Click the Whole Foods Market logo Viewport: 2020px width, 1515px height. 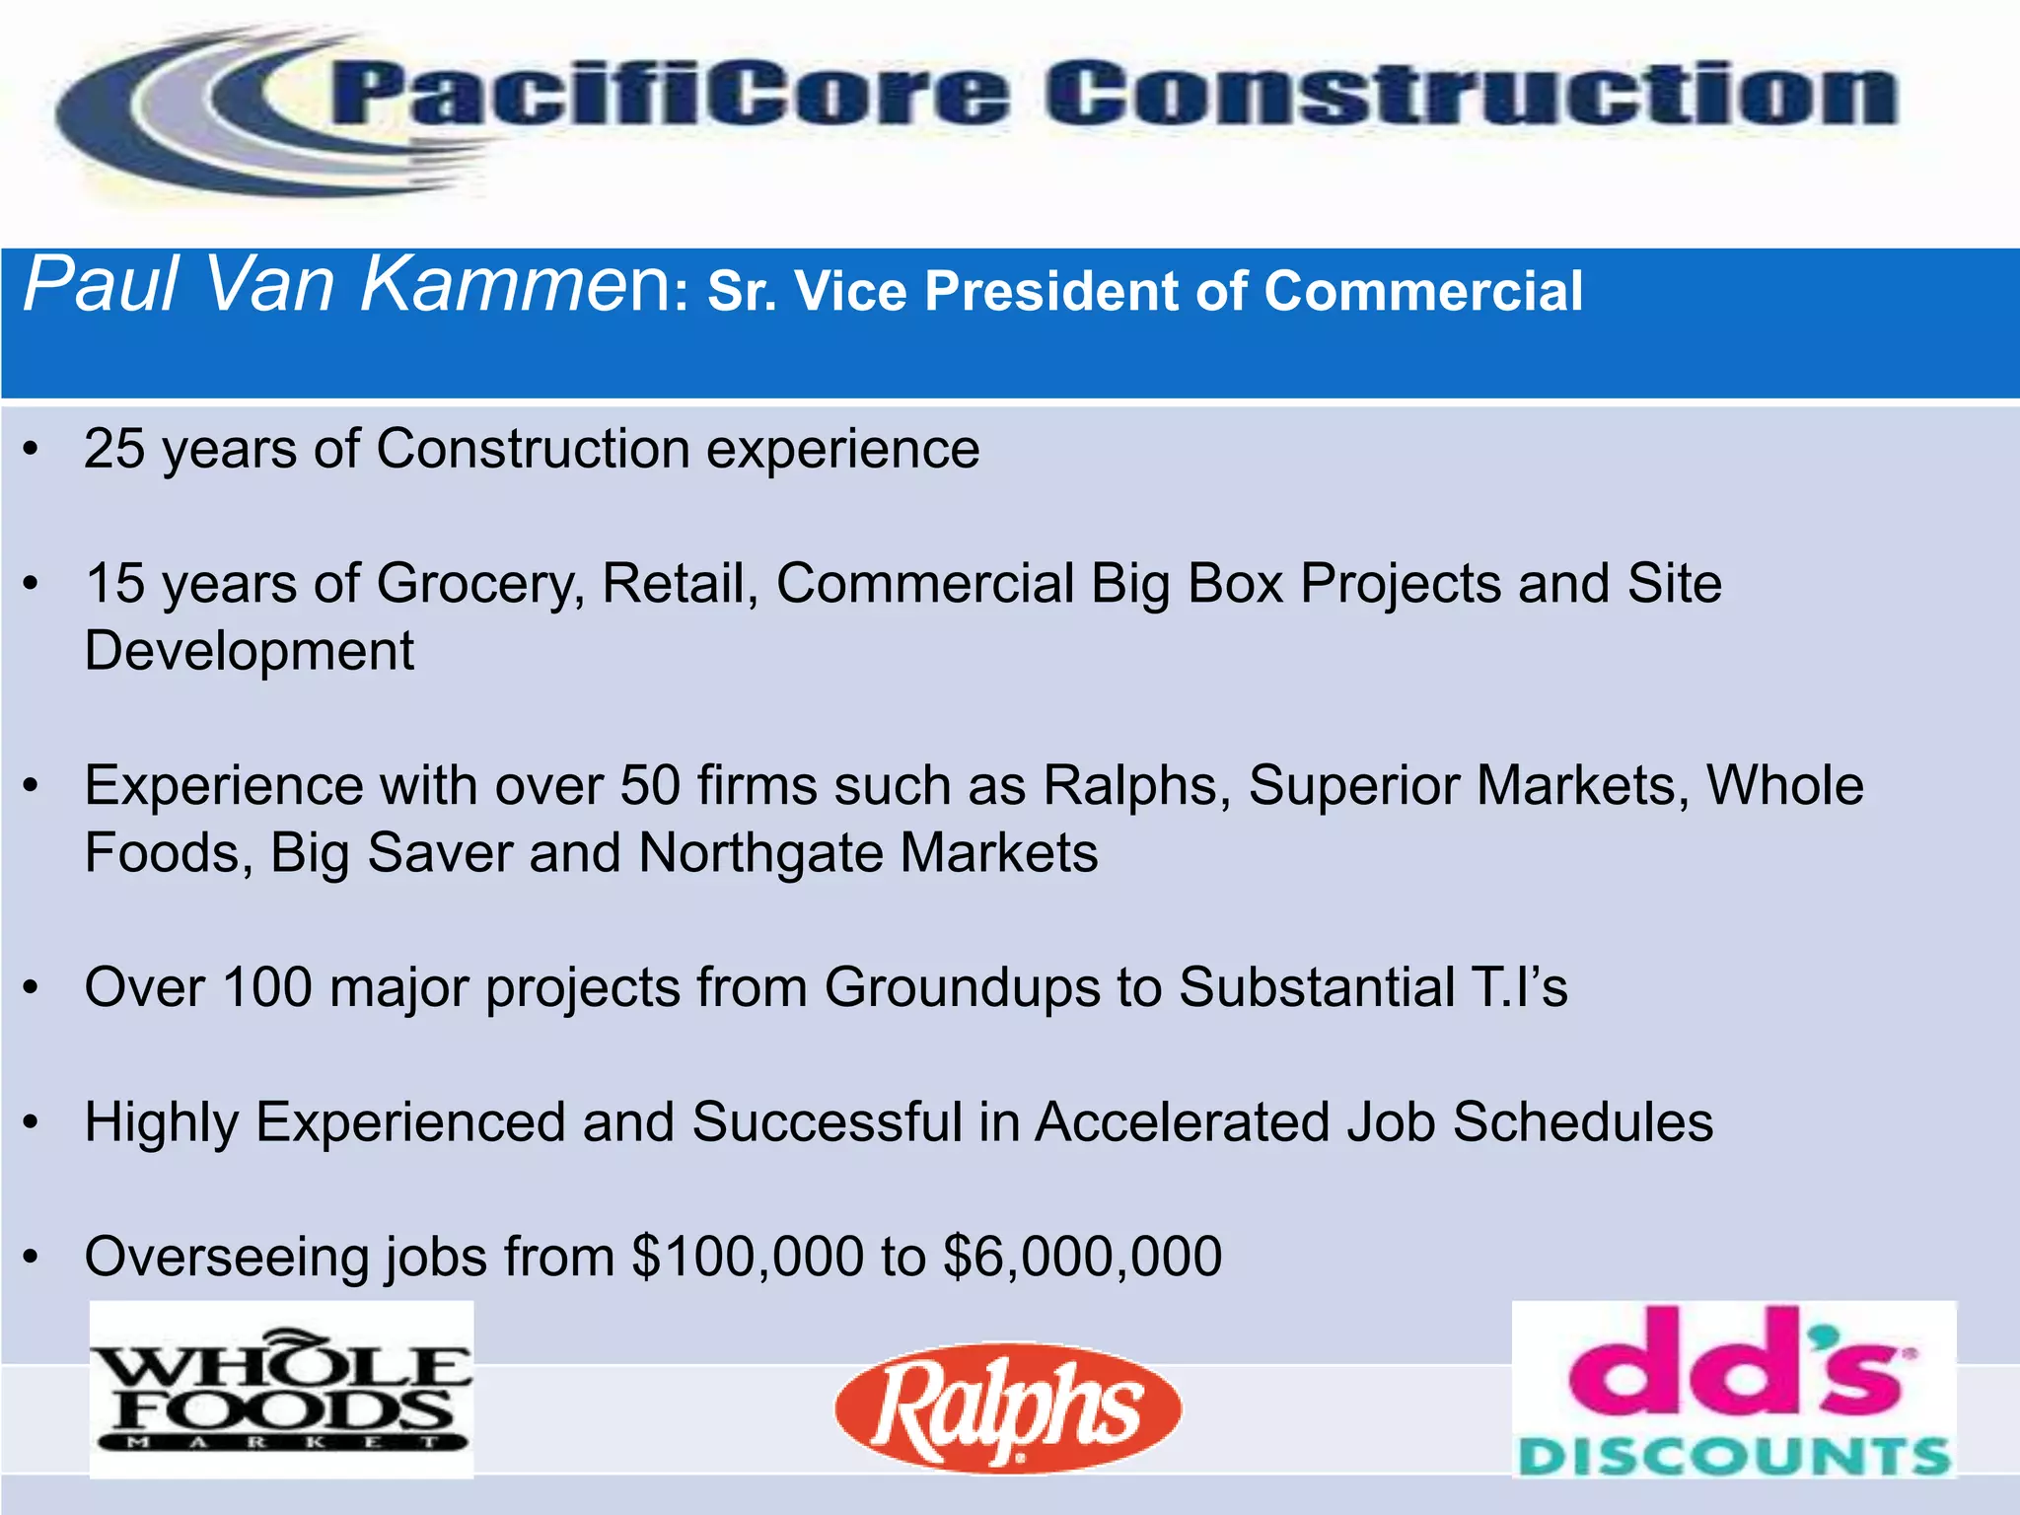click(281, 1389)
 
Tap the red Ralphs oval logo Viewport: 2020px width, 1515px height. click(1007, 1407)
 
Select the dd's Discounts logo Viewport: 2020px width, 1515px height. click(1733, 1389)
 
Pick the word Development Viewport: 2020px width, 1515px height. click(250, 652)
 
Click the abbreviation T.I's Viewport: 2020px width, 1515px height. click(1511, 987)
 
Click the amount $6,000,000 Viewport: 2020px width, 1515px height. click(1082, 1258)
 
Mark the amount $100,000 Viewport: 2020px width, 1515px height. click(747, 1258)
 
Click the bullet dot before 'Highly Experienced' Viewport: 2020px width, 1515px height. click(33, 1123)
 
